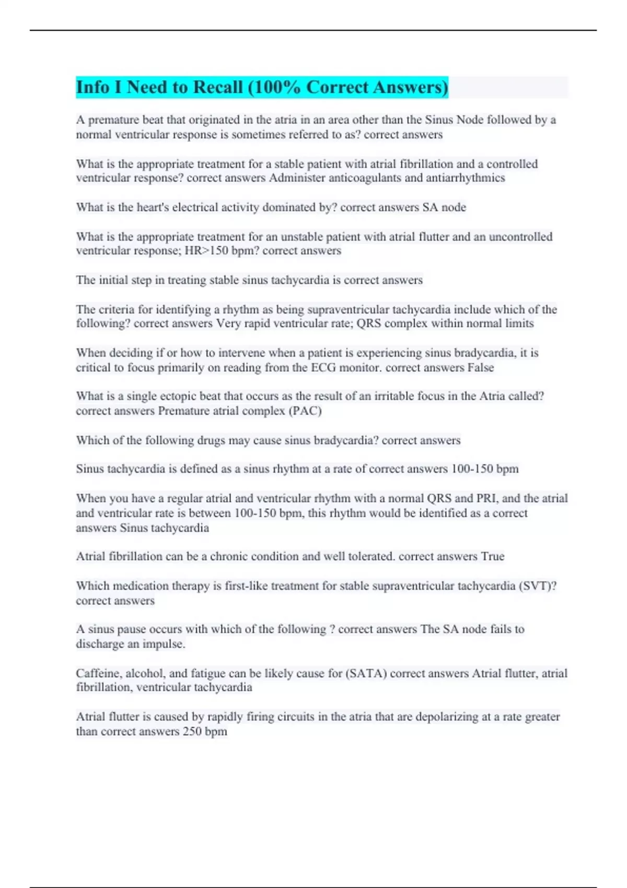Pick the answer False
481,368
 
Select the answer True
493,557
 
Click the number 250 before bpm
192,731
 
